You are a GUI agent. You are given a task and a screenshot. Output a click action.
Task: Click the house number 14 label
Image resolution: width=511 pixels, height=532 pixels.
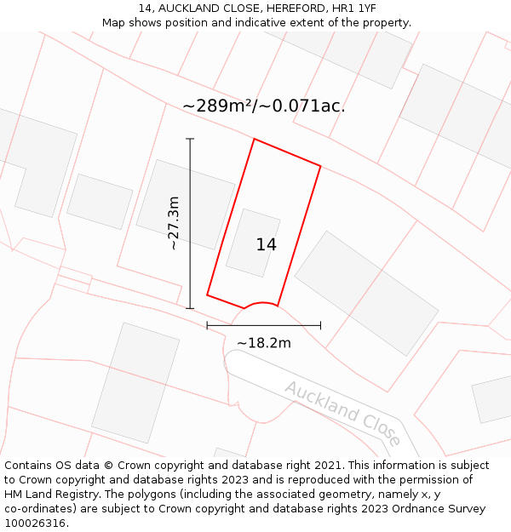tap(266, 245)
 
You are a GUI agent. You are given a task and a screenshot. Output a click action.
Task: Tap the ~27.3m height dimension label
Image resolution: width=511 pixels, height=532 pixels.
tap(174, 223)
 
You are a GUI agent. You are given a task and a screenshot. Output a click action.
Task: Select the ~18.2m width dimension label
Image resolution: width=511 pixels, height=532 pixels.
tap(264, 343)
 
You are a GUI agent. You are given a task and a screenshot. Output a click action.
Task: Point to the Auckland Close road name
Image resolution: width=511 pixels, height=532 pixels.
tap(342, 412)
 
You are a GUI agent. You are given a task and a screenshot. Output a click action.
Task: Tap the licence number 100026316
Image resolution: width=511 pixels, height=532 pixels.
tap(36, 523)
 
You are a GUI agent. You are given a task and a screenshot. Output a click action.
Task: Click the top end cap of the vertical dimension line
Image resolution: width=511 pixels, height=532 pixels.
tap(190, 139)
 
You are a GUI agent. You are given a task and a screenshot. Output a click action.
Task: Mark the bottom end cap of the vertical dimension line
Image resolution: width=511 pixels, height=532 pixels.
tap(190, 308)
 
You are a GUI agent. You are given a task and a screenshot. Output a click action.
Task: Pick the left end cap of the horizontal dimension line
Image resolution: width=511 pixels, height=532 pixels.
tap(207, 325)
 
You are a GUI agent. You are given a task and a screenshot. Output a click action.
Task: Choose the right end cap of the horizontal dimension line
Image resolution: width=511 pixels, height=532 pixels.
tap(321, 325)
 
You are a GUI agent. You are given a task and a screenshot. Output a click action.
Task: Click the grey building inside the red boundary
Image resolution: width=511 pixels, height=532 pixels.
tap(253, 243)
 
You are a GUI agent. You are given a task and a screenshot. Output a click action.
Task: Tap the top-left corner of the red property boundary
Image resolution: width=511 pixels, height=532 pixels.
tap(254, 139)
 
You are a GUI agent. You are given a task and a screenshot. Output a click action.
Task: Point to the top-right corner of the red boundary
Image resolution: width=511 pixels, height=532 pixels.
tap(321, 166)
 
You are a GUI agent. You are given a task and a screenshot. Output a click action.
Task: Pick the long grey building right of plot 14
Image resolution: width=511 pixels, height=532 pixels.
tap(366, 292)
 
